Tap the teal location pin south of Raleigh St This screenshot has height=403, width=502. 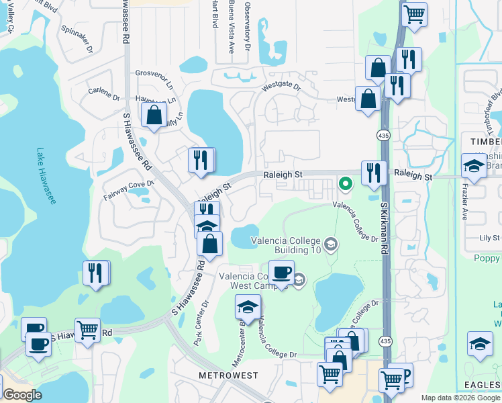point(346,183)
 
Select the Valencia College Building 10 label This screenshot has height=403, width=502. point(287,245)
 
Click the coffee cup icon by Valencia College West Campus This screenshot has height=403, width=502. point(281,272)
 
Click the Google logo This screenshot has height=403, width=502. point(23,395)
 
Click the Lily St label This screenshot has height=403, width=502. point(491,238)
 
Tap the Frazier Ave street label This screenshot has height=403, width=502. point(464,204)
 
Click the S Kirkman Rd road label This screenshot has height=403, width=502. point(385,229)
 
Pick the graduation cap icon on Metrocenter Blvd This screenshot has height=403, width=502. point(248,307)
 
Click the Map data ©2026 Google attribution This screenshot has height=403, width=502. point(460,398)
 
